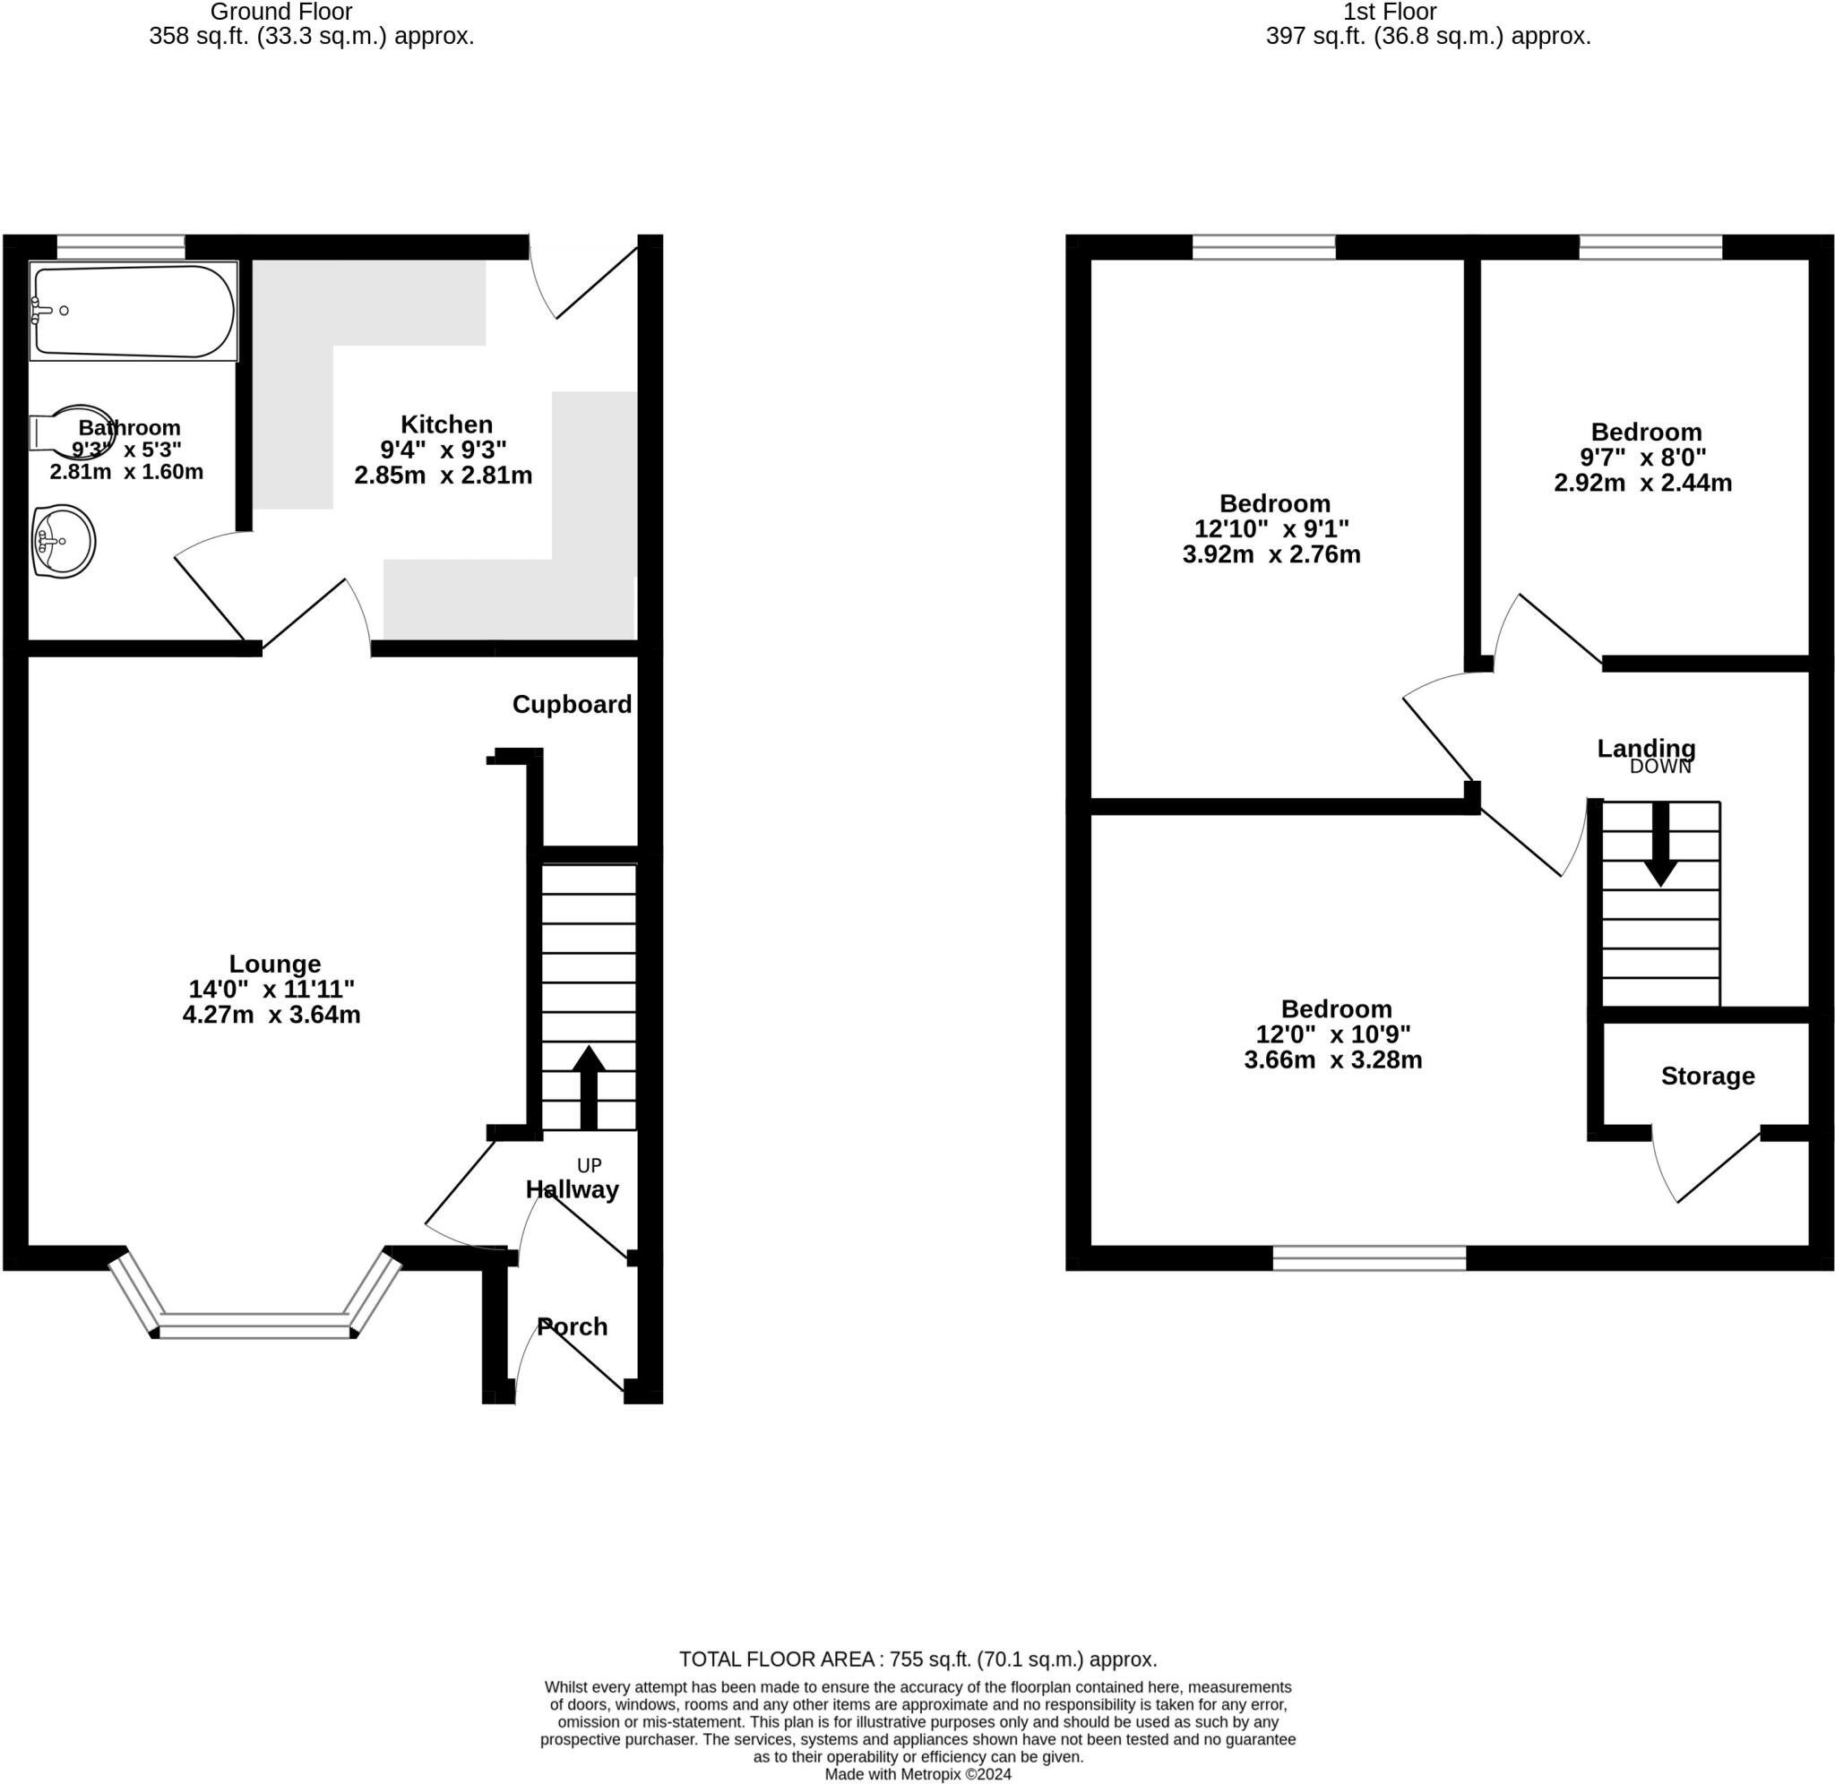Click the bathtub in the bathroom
point(134,310)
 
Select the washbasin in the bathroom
point(64,542)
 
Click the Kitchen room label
point(446,424)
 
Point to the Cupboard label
point(572,705)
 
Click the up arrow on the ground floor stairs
point(589,1087)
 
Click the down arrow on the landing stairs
point(1660,844)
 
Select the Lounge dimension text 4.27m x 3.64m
point(271,1015)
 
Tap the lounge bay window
point(255,1325)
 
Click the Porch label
point(572,1326)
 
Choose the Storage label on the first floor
point(1708,1076)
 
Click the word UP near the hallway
point(589,1165)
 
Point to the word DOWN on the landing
point(1660,767)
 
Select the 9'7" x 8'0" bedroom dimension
point(1643,458)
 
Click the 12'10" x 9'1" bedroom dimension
point(1271,528)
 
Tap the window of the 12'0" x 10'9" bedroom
point(1368,1257)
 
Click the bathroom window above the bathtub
point(120,246)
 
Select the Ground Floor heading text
point(281,13)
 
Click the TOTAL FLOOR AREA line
point(917,1660)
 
